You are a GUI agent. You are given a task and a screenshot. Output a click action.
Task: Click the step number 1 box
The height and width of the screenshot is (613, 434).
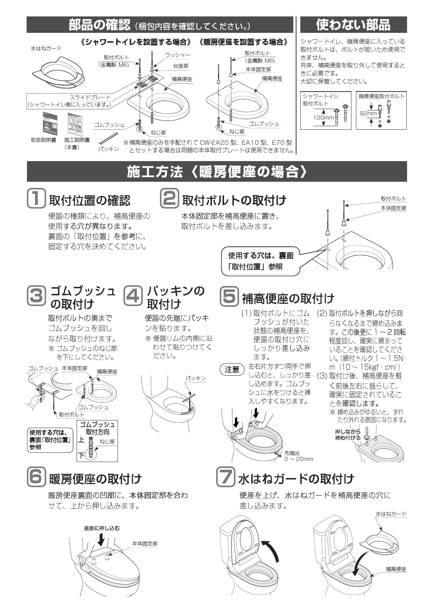[36, 199]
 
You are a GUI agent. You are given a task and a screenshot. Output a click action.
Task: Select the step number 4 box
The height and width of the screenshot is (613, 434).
[133, 296]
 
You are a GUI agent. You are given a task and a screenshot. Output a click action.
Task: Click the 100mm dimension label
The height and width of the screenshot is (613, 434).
[323, 117]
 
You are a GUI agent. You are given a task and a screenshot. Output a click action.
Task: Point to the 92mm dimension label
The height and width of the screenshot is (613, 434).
[369, 113]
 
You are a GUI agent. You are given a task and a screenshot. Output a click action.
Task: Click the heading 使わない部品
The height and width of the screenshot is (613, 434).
[353, 24]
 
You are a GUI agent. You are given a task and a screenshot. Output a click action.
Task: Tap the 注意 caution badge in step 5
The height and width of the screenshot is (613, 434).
[232, 369]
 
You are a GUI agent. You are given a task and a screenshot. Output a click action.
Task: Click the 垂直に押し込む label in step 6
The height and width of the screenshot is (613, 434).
[101, 528]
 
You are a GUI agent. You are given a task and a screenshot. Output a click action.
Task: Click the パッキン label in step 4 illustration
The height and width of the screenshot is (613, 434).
[195, 378]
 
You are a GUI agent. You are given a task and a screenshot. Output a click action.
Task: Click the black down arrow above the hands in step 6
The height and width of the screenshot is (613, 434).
[101, 540]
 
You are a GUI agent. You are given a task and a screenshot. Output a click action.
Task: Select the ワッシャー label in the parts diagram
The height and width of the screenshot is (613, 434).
[177, 55]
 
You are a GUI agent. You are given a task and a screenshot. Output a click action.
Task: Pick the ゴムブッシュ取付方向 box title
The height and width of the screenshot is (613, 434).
[97, 428]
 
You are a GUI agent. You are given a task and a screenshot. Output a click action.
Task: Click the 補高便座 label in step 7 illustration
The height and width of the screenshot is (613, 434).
[396, 569]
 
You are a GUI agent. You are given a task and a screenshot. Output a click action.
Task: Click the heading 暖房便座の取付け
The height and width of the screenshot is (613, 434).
[95, 478]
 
